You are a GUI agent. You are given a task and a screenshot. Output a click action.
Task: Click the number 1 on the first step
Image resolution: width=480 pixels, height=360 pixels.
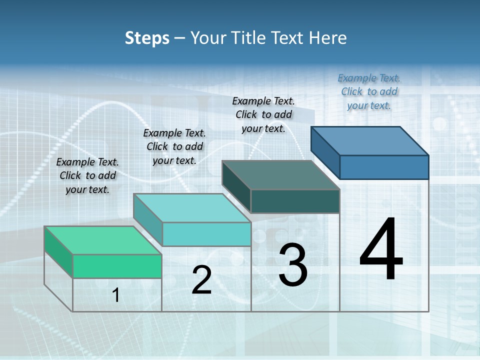click(x=116, y=295)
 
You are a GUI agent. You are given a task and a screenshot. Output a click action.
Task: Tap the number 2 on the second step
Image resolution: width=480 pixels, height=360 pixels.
click(x=201, y=280)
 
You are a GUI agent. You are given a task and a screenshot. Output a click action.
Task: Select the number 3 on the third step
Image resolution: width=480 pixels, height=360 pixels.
click(x=293, y=265)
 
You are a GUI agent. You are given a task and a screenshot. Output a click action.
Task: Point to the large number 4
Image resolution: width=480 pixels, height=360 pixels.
click(x=381, y=250)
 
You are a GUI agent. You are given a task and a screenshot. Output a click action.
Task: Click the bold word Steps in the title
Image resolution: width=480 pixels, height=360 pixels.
click(x=147, y=38)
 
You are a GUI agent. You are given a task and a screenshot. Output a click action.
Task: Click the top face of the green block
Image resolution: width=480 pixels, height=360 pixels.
click(x=103, y=240)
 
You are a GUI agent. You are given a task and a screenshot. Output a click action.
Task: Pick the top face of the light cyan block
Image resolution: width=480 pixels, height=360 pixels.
click(x=192, y=208)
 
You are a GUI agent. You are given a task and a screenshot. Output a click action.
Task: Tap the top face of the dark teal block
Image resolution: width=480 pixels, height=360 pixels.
click(x=281, y=175)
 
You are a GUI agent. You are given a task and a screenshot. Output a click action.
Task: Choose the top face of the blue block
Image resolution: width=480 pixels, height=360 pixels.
click(x=370, y=141)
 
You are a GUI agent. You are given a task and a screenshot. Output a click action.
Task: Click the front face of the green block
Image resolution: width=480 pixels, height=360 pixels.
click(x=117, y=266)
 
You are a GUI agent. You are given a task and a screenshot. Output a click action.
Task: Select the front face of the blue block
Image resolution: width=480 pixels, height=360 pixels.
click(x=384, y=167)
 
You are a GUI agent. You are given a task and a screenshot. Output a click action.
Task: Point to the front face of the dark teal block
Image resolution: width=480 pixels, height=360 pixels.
click(x=295, y=201)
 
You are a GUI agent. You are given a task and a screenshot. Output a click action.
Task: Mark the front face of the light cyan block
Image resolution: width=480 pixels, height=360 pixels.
click(x=206, y=234)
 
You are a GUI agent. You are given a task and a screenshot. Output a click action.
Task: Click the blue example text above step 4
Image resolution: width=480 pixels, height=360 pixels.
click(x=369, y=91)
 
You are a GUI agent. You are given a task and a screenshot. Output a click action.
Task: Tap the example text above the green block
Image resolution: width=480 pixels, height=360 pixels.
click(x=87, y=175)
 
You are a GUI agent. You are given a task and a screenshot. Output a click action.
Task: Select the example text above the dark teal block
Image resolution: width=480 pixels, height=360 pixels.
click(x=263, y=114)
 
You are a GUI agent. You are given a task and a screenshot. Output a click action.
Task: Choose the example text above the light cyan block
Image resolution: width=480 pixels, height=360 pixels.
click(x=174, y=146)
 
